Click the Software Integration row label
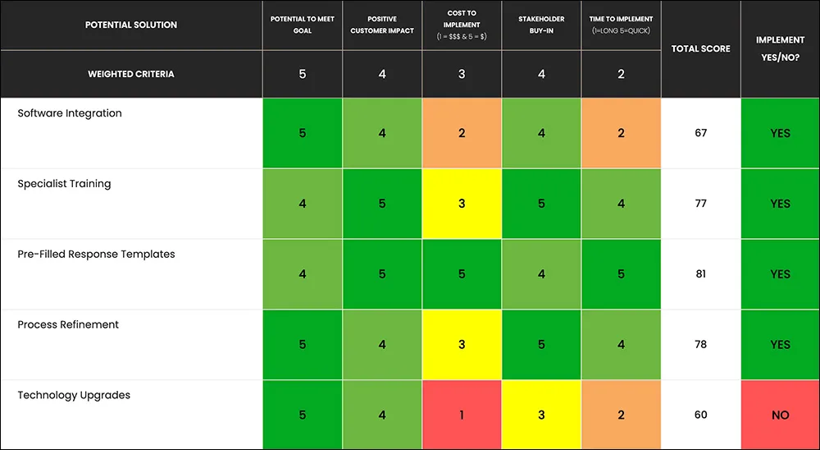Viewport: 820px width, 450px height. click(70, 113)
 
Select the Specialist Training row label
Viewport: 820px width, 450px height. click(64, 184)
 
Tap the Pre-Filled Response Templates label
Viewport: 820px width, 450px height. click(96, 254)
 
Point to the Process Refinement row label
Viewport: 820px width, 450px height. click(68, 325)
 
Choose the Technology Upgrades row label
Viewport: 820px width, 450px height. click(74, 395)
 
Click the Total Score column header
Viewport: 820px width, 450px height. click(701, 48)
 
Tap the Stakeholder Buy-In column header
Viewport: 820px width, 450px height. click(541, 25)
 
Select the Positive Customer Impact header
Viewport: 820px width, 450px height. click(382, 25)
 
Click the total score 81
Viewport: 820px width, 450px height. click(701, 274)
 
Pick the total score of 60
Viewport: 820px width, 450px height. click(701, 415)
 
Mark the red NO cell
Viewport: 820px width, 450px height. click(781, 415)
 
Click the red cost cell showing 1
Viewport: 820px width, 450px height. click(462, 415)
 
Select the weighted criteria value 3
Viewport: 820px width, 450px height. click(462, 74)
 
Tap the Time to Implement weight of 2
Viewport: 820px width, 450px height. click(621, 74)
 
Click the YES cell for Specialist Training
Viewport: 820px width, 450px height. click(781, 204)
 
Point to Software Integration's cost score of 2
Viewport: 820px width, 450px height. click(462, 133)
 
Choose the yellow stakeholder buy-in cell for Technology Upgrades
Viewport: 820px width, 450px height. click(541, 415)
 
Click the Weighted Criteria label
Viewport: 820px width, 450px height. click(130, 74)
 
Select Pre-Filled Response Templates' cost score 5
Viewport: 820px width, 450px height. click(462, 274)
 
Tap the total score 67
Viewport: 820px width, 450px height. click(701, 133)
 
